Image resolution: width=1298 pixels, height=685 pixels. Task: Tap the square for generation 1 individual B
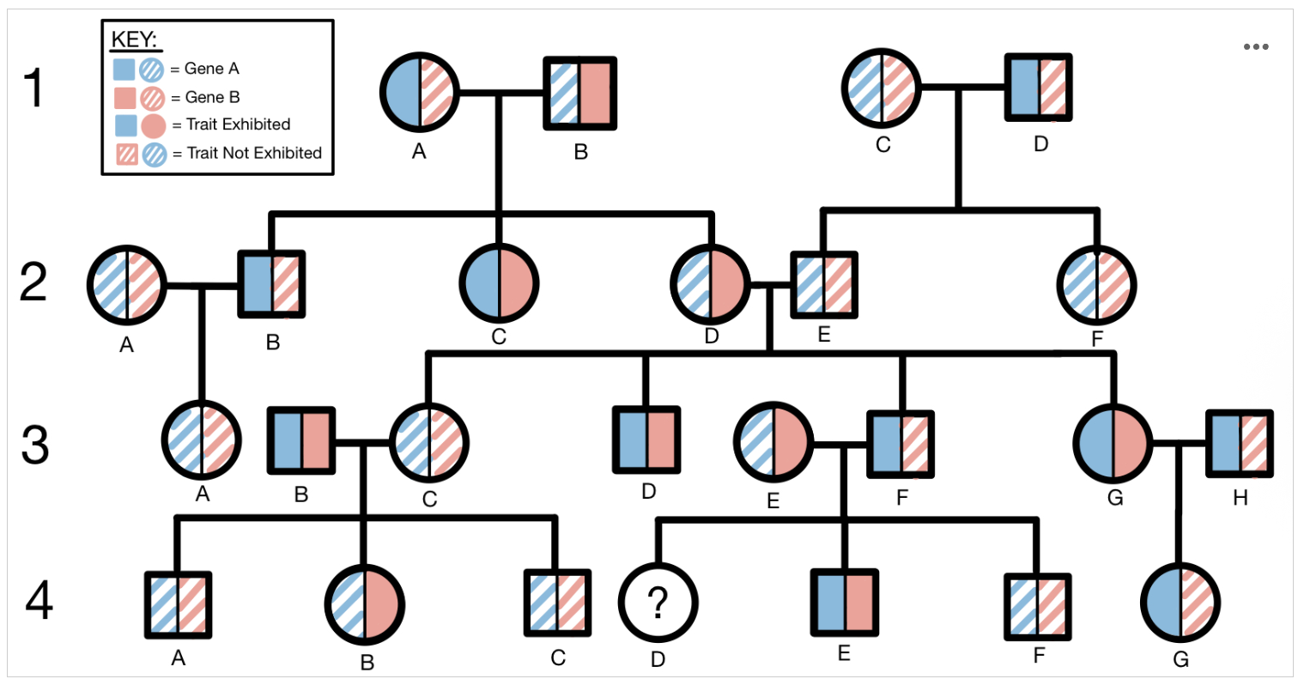click(579, 93)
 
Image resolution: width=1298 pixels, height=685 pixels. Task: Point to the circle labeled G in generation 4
click(1180, 604)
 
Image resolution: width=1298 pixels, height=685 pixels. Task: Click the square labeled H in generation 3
click(1240, 444)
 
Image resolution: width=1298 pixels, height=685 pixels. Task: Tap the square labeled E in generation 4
click(844, 603)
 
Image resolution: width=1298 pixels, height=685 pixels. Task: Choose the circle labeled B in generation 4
click(366, 604)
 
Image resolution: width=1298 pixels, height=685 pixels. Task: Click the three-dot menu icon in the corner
click(1255, 46)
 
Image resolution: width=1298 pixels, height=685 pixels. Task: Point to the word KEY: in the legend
click(134, 39)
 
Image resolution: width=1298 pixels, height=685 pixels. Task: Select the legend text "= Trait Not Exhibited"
click(246, 153)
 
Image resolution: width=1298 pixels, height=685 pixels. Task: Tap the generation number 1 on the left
click(33, 88)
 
